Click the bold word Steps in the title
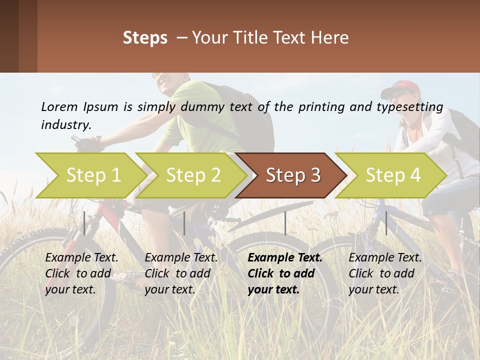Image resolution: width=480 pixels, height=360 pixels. (145, 37)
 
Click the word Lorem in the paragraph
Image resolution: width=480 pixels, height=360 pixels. (59, 107)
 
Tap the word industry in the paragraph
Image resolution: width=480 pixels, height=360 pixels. (65, 125)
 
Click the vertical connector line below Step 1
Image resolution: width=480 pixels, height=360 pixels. (84, 223)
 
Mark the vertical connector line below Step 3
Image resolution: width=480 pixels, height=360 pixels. (285, 223)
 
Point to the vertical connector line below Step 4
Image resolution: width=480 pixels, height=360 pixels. (386, 223)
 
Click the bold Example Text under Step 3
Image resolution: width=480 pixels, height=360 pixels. (285, 258)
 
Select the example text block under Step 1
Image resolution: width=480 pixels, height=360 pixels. (81, 273)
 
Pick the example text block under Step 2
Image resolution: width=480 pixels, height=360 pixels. (181, 273)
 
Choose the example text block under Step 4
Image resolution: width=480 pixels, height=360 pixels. (385, 273)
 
